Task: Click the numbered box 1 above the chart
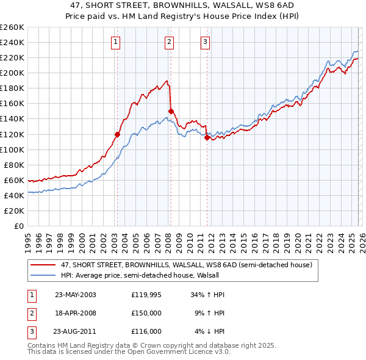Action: click(x=115, y=42)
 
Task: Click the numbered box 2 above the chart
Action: click(x=169, y=42)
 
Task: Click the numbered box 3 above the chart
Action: click(x=206, y=42)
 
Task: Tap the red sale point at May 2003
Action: click(x=117, y=134)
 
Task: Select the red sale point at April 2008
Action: click(x=170, y=111)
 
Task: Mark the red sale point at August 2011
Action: click(x=207, y=137)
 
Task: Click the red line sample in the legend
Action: click(x=43, y=265)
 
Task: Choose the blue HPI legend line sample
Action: click(x=43, y=275)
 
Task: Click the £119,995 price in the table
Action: click(x=146, y=295)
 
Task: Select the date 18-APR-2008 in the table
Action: click(x=75, y=313)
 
